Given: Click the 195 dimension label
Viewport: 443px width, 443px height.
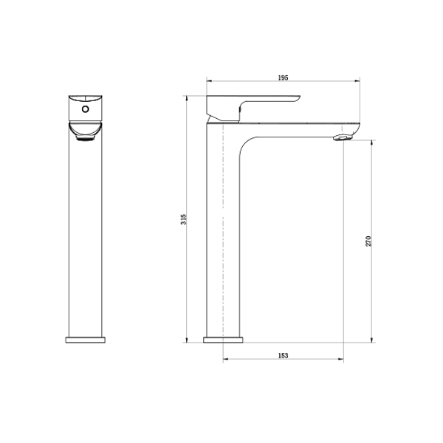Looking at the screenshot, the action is (283, 78).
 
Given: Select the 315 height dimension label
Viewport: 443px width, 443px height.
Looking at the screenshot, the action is (184, 219).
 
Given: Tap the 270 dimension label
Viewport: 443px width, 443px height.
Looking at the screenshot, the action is (368, 241).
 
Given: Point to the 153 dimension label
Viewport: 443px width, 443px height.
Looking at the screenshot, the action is (283, 355).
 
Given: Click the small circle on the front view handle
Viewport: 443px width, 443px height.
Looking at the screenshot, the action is (86, 109).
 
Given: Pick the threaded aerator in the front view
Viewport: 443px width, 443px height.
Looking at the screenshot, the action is (86, 138).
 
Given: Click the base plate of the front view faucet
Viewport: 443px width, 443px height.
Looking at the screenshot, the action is (86, 340).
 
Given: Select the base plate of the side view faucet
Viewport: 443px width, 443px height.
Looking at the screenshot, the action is (223, 340).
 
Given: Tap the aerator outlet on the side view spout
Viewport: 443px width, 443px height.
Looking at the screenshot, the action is (343, 137).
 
